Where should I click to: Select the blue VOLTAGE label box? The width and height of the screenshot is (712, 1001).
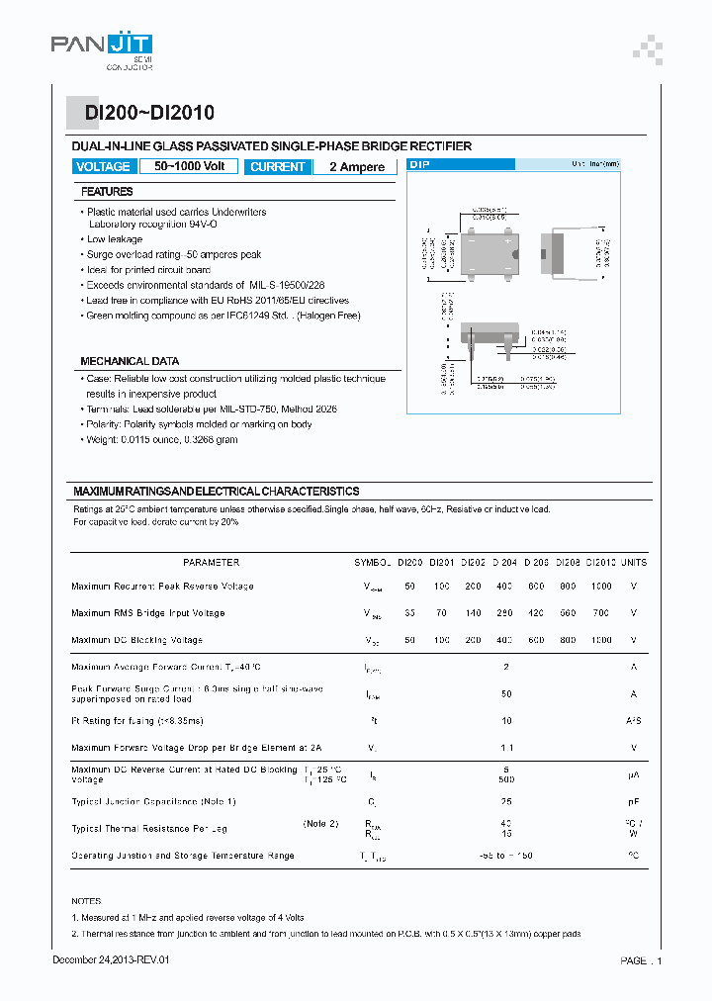coord(103,166)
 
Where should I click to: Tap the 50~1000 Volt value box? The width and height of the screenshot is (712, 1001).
coord(189,166)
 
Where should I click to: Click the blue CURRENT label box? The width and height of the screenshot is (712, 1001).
coord(277,167)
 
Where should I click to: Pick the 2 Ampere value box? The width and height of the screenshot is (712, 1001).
coord(356,167)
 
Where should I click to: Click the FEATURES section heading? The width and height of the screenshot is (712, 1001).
coord(107,192)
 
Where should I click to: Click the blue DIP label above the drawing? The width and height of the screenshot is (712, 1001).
coord(419,165)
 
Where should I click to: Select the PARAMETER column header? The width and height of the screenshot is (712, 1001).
coord(211,563)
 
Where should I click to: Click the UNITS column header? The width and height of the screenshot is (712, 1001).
coord(634,563)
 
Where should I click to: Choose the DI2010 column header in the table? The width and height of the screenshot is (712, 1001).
coord(600,563)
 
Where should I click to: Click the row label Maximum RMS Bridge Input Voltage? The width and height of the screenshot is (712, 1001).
coord(147,613)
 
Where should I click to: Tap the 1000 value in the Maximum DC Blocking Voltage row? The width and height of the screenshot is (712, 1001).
coord(600,640)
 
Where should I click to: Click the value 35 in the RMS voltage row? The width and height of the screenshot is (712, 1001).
coord(409,613)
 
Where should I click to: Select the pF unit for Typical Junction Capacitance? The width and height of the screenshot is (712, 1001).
coord(634,801)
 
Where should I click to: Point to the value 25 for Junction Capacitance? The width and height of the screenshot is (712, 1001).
coord(505,801)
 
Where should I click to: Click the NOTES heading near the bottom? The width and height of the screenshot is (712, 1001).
coord(86,901)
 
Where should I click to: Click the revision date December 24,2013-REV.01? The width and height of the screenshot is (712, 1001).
coord(118,960)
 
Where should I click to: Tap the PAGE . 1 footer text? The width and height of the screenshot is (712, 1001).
coord(641,960)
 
